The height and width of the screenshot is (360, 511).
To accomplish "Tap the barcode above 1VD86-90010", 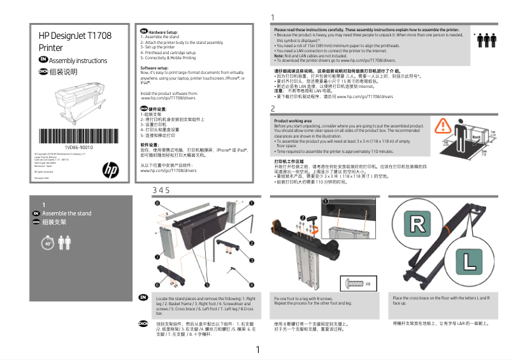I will [x=79, y=137].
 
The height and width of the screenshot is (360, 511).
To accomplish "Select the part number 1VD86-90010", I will [x=79, y=147].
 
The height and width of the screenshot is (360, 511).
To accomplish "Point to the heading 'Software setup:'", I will [x=154, y=67].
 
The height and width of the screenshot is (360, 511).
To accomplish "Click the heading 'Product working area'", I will [x=292, y=120].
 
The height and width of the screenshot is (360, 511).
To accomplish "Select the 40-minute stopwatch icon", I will [x=48, y=242].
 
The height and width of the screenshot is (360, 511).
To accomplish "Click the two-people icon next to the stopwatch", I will [x=64, y=241].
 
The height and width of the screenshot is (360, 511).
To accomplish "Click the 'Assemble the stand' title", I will [x=66, y=213].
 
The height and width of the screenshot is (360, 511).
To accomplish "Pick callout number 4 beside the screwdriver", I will [x=251, y=284].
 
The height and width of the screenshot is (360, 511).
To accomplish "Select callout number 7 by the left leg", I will [x=157, y=256].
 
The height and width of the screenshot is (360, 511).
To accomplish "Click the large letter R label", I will [x=417, y=224].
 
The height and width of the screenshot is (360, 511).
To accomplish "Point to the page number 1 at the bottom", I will [x=257, y=349].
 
